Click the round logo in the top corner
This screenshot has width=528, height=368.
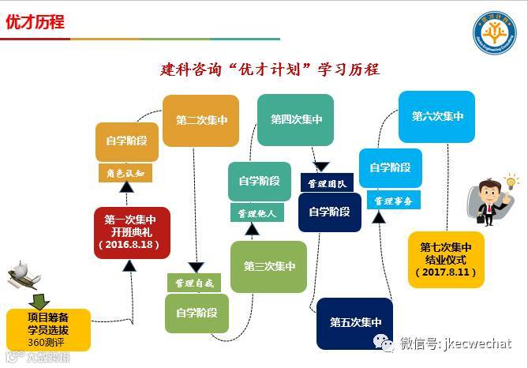coord(494,33)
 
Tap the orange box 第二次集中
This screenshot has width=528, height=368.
coord(201,121)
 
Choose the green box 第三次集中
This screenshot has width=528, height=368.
coord(268,267)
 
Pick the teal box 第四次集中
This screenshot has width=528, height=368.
coord(295,119)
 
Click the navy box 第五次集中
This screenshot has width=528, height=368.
coord(354,323)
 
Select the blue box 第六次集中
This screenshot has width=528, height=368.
coord(436,116)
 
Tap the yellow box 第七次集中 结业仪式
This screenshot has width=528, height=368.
coord(446,259)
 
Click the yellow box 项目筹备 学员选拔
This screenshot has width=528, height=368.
coord(47,329)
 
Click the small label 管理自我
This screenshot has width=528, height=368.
coord(193,282)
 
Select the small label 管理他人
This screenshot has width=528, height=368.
coord(255,213)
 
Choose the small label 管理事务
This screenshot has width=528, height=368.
coord(394,201)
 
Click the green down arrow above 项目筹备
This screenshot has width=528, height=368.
coord(38,300)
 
